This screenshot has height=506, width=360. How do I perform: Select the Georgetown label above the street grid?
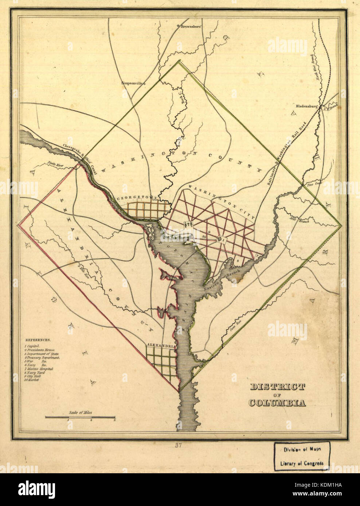point(137,199)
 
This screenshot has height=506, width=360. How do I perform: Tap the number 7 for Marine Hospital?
point(257,256)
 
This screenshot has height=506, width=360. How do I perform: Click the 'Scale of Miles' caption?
point(80,413)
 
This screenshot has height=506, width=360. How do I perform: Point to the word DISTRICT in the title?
point(277,387)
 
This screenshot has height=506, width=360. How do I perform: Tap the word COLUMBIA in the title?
point(277,403)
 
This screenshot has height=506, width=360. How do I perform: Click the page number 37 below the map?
point(179,445)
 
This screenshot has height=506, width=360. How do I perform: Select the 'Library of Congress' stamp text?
point(302,464)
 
